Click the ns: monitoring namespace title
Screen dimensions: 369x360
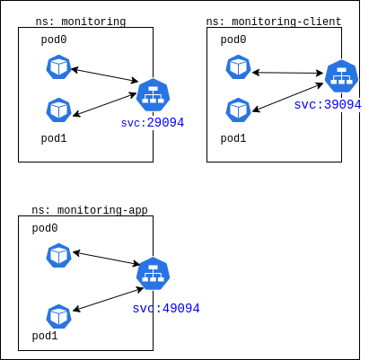point(81,22)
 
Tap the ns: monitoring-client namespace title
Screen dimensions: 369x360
point(274,22)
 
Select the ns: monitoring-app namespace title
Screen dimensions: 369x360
point(90,210)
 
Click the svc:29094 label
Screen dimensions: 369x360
point(153,123)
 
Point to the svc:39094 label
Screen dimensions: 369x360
point(328,105)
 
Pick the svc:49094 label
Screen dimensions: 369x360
point(166,308)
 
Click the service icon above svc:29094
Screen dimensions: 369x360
point(153,95)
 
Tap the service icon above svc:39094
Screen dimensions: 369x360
point(341,76)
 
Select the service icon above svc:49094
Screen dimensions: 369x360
point(153,273)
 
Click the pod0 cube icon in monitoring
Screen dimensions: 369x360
point(58,67)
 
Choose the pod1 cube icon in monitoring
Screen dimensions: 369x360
point(58,110)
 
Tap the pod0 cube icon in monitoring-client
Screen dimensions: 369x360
point(238,67)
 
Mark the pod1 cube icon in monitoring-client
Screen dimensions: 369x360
point(238,110)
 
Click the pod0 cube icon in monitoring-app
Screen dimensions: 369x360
point(58,256)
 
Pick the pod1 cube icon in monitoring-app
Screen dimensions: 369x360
point(58,317)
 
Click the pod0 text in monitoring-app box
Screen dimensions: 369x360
point(45,228)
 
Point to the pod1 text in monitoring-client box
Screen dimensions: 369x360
point(233,138)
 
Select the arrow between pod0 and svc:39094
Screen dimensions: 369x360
point(287,73)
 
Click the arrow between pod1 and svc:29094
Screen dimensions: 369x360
point(105,104)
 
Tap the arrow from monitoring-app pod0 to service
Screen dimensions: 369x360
point(107,259)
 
